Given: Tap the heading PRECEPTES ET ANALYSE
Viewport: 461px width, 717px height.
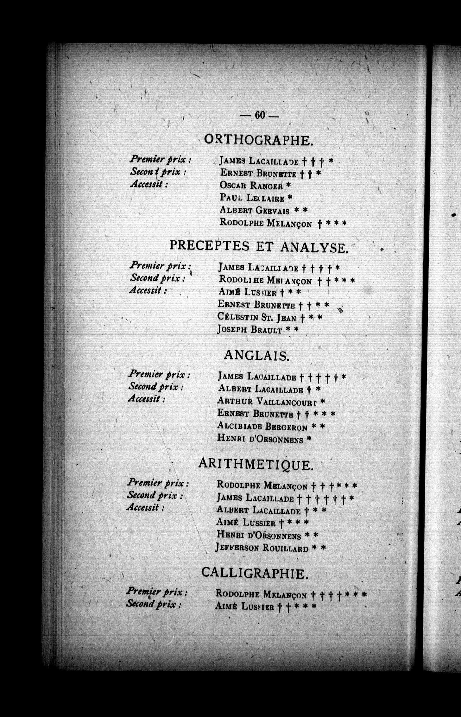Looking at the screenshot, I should pos(259,247).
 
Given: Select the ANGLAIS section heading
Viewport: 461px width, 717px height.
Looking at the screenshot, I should pos(256,356).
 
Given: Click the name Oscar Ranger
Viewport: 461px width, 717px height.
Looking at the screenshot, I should pos(251,185).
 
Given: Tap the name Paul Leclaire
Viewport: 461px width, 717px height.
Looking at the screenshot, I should pos(252,198).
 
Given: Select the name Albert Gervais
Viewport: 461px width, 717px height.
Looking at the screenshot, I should pos(255,210).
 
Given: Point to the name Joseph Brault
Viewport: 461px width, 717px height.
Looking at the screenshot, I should pos(249,330).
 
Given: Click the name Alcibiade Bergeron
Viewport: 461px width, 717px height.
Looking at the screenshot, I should pos(262,426).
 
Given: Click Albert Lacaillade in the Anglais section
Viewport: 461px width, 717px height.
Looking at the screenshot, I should pos(260,389).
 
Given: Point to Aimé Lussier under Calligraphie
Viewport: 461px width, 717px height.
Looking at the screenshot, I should pos(244,606).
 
